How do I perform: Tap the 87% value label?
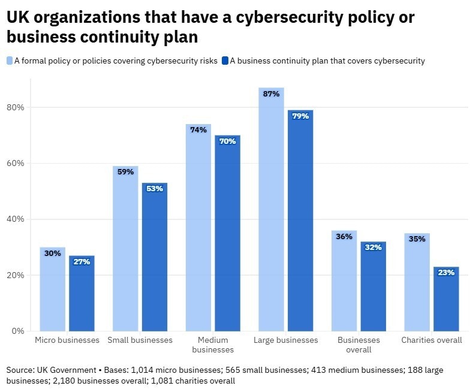click(272, 94)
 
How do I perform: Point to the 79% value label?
click(300, 116)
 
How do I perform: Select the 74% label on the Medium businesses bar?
click(198, 129)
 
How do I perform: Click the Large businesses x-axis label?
click(286, 340)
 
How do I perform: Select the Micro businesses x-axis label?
click(67, 340)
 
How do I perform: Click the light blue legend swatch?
click(10, 61)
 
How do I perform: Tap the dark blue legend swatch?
click(225, 61)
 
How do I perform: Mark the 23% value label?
click(446, 272)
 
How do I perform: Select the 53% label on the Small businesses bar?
click(155, 188)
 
